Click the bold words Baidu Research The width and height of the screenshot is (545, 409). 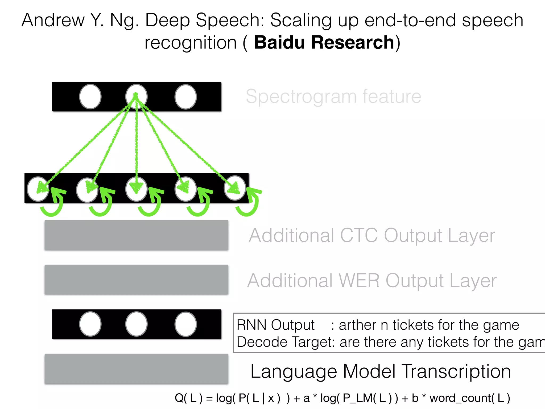[x=324, y=43]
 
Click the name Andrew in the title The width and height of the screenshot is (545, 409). [x=53, y=20]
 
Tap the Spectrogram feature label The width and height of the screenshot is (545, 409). [x=333, y=96]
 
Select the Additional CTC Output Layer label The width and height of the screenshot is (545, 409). [x=371, y=235]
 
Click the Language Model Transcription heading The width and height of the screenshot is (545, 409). [x=381, y=371]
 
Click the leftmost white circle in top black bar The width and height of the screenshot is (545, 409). [x=90, y=97]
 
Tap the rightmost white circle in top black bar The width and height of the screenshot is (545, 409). [x=185, y=97]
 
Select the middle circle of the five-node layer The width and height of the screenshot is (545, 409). [x=136, y=189]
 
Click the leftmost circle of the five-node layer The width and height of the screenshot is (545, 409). [x=38, y=189]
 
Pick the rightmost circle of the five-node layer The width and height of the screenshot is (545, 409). [x=235, y=188]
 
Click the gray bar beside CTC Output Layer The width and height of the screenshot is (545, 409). [x=136, y=235]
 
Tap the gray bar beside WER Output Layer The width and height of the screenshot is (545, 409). [x=136, y=279]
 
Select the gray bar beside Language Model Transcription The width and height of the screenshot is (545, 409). [x=136, y=369]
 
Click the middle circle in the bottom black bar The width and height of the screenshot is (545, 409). [x=136, y=324]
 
